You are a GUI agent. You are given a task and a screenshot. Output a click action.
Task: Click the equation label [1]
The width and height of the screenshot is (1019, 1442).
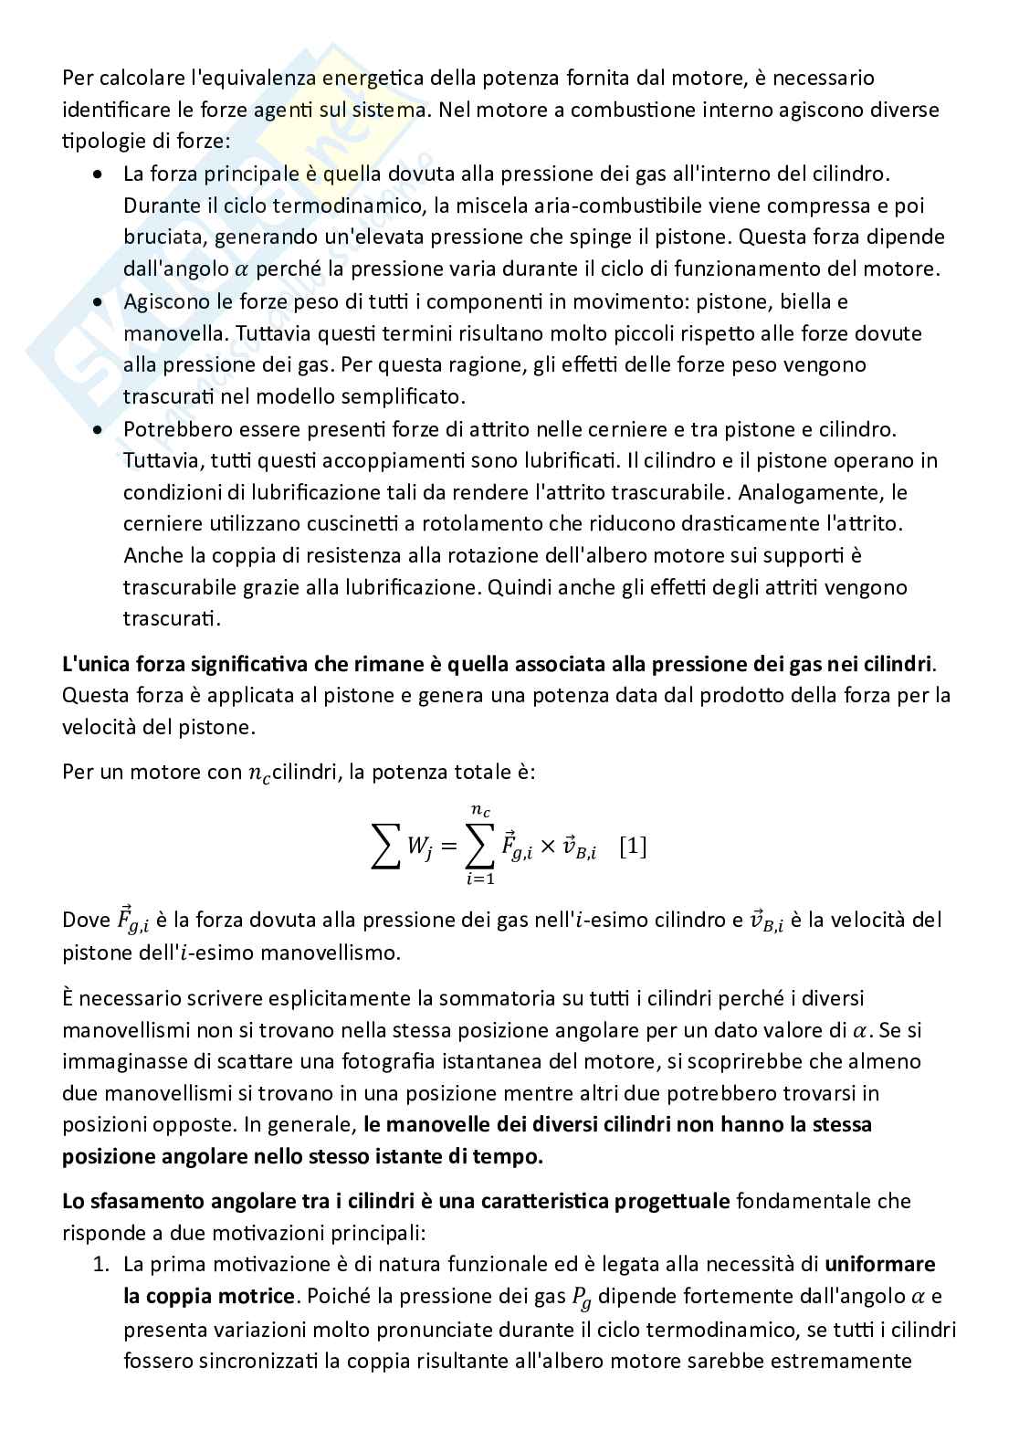[633, 847]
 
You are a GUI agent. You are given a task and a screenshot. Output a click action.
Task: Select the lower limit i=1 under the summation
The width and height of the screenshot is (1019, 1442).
[479, 880]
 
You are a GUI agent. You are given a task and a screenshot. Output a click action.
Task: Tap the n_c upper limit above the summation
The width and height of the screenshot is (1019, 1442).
[479, 810]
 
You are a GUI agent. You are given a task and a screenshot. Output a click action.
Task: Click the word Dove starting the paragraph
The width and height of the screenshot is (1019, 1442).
[86, 920]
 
